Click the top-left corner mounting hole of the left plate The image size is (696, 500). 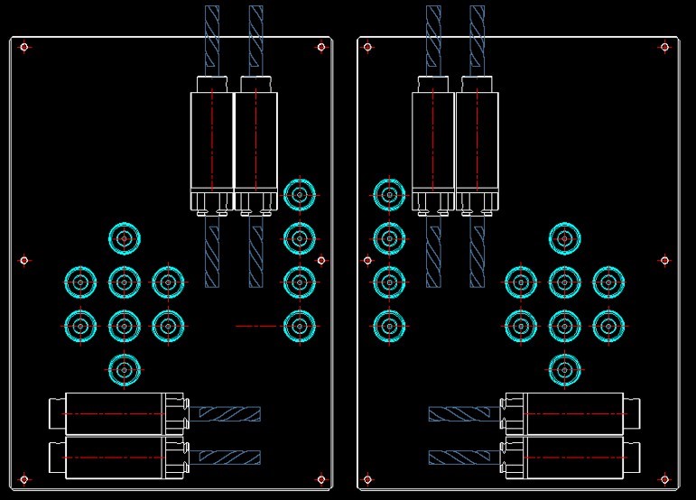(x=24, y=47)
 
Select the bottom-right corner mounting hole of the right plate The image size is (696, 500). (x=665, y=479)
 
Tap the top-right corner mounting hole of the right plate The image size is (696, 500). (x=665, y=47)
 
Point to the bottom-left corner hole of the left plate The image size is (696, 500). (x=24, y=479)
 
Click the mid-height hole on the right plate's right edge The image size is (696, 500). (x=665, y=260)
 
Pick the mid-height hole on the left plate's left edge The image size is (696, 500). (x=24, y=260)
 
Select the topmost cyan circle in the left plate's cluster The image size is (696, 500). (x=125, y=238)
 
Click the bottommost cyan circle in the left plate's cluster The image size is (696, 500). (x=125, y=368)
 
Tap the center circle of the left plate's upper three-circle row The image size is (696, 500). (x=125, y=282)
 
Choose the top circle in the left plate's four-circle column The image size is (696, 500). (x=299, y=193)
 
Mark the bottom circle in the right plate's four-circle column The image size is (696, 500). (x=389, y=325)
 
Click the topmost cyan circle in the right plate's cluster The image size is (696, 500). (x=564, y=238)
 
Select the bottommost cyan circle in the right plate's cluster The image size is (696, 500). (x=564, y=368)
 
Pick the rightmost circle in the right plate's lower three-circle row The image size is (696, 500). (x=608, y=325)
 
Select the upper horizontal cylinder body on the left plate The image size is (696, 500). (x=113, y=413)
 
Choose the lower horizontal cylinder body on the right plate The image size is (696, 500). (x=574, y=458)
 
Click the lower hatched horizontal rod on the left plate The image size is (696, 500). (x=229, y=457)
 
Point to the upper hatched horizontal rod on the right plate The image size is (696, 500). (x=462, y=414)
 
